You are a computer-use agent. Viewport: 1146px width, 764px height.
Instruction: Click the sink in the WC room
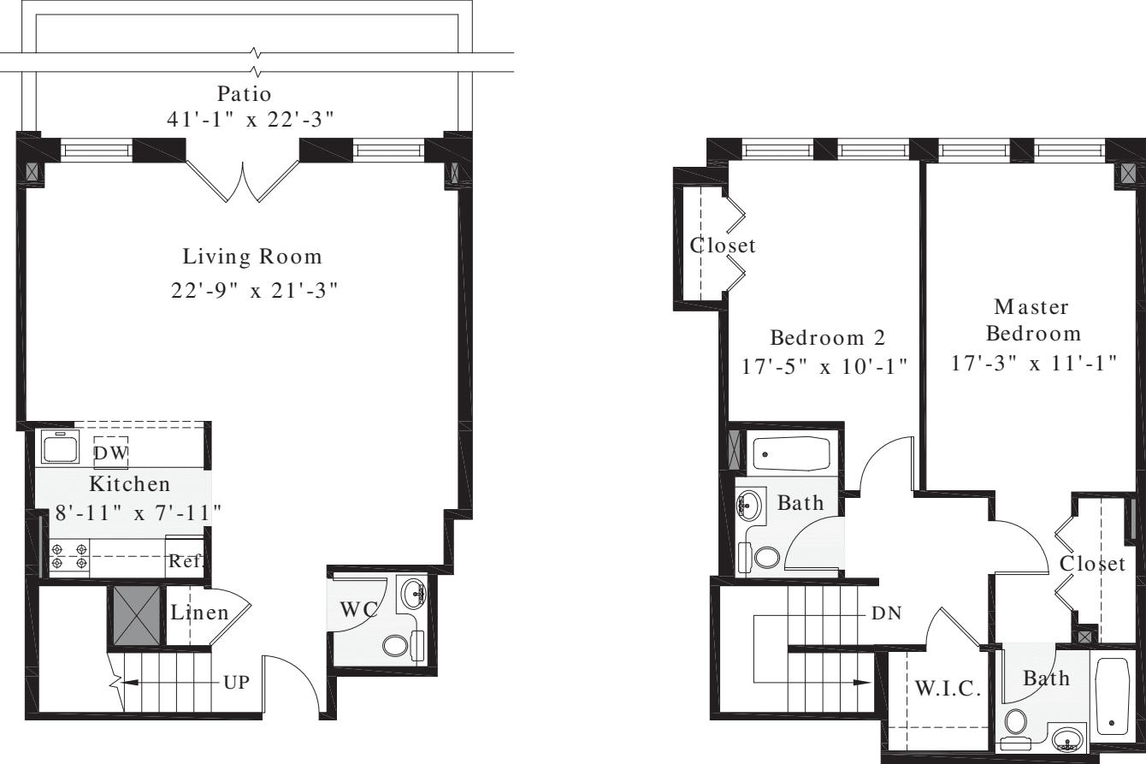[416, 590]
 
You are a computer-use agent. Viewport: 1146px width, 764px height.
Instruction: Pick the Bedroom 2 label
[826, 336]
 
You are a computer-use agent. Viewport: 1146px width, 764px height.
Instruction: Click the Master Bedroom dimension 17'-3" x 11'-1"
[1034, 362]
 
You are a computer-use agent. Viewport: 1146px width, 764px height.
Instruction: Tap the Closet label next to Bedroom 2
[723, 246]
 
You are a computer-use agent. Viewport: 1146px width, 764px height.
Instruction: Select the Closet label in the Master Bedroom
[1092, 564]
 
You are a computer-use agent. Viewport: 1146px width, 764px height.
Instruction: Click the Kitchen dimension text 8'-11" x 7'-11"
[131, 512]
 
